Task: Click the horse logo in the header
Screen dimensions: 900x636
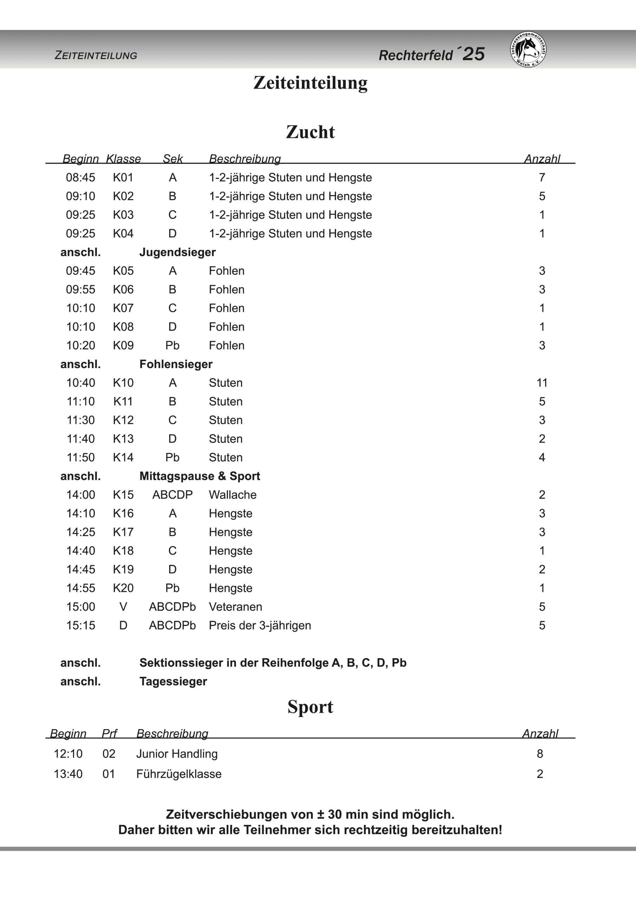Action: click(528, 49)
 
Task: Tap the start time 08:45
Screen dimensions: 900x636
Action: click(80, 178)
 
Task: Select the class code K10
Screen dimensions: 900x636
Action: click(123, 382)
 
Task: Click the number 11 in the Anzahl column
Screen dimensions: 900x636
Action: click(541, 382)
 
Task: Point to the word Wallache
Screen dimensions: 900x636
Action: click(232, 495)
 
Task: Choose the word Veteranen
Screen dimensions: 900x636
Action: click(235, 606)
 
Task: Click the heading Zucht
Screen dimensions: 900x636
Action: click(310, 132)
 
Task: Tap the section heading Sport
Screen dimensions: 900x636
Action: click(310, 707)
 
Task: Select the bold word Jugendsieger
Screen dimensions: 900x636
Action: click(177, 252)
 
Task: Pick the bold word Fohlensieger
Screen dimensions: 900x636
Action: click(176, 364)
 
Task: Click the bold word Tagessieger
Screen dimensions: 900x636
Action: click(173, 681)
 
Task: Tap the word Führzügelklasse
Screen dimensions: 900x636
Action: click(179, 774)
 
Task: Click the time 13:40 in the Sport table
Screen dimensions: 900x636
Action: click(68, 774)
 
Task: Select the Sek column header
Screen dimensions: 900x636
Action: click(173, 159)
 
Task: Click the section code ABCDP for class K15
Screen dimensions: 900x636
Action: click(173, 495)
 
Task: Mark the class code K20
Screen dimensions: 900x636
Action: click(123, 588)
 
